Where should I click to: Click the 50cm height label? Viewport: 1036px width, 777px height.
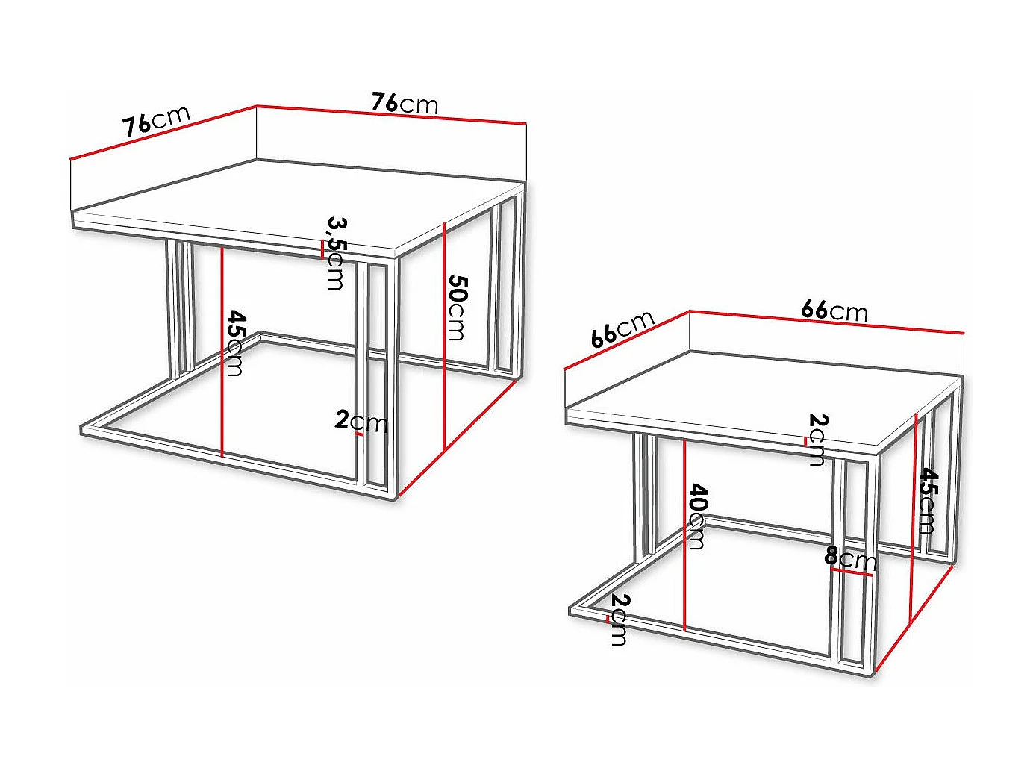[x=457, y=308]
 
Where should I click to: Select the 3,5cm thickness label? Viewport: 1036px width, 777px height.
[x=337, y=252]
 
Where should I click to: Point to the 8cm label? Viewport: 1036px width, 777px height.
[x=850, y=558]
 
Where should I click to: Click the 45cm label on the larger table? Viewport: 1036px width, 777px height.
[x=235, y=343]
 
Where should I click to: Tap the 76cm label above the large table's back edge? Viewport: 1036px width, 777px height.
[x=405, y=103]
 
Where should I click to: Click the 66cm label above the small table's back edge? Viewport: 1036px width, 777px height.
[x=834, y=310]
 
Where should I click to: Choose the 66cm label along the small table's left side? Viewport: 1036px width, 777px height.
[x=622, y=329]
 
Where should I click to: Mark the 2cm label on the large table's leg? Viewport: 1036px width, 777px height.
[x=361, y=422]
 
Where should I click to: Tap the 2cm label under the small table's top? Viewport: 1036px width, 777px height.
[x=817, y=439]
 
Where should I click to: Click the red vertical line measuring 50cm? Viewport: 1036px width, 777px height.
[x=444, y=336]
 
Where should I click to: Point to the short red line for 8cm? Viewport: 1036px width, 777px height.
[x=851, y=572]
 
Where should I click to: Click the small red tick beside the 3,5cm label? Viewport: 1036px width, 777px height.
[x=322, y=249]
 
